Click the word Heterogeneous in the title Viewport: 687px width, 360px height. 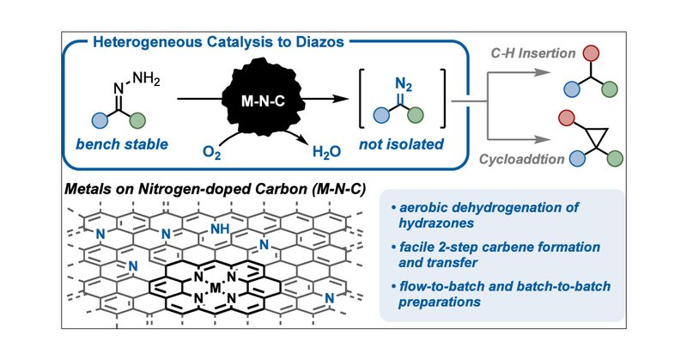[133, 43]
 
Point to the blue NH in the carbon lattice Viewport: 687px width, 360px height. [222, 229]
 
